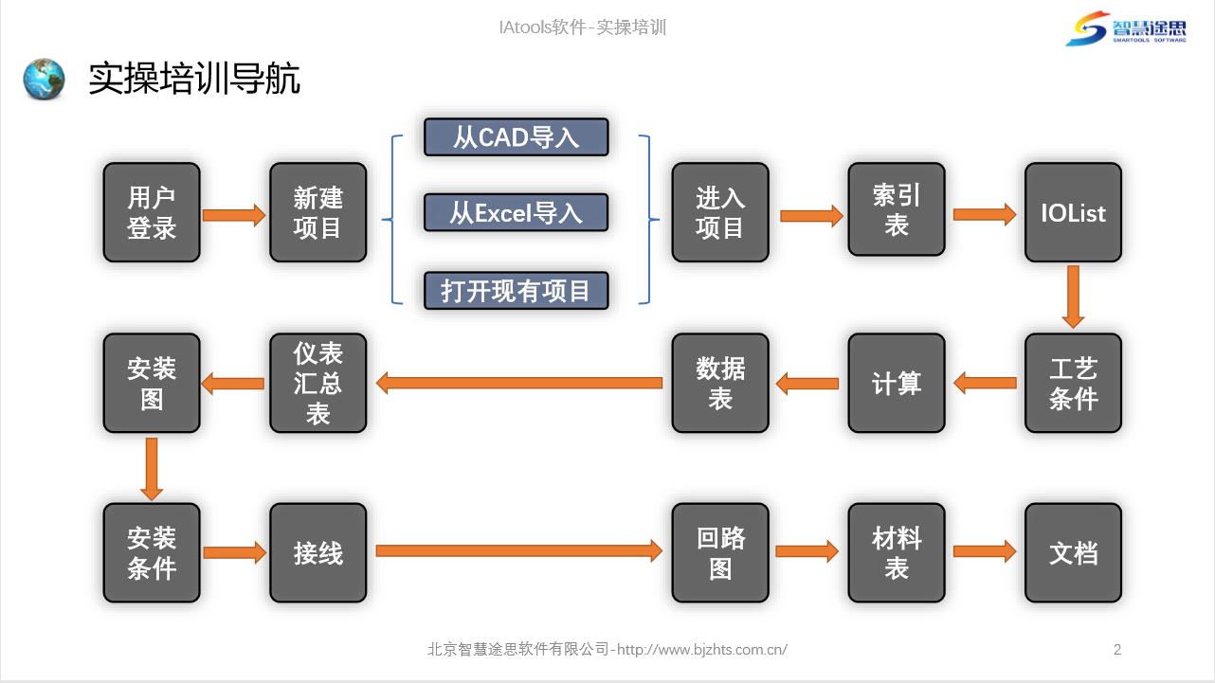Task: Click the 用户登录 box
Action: (x=152, y=212)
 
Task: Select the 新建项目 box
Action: (x=318, y=212)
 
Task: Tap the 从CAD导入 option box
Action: (x=517, y=137)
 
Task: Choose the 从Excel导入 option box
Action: (x=517, y=212)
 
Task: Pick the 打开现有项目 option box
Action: (x=517, y=291)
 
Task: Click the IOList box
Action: (x=1074, y=212)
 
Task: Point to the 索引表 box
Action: (x=897, y=209)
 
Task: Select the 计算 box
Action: (x=897, y=384)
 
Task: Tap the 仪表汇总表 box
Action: (x=318, y=384)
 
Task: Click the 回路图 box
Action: (x=720, y=553)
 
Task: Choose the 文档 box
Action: (x=1074, y=553)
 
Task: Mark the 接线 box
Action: (x=318, y=553)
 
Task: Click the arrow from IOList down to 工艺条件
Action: (x=1074, y=297)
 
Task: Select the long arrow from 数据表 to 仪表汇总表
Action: (x=519, y=384)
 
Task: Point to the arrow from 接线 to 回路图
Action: (x=519, y=551)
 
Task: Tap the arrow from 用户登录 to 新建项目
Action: (x=234, y=215)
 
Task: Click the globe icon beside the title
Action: (x=44, y=80)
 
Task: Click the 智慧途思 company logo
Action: (x=1126, y=28)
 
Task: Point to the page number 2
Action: (x=1117, y=650)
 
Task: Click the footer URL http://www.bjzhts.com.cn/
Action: (x=702, y=650)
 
